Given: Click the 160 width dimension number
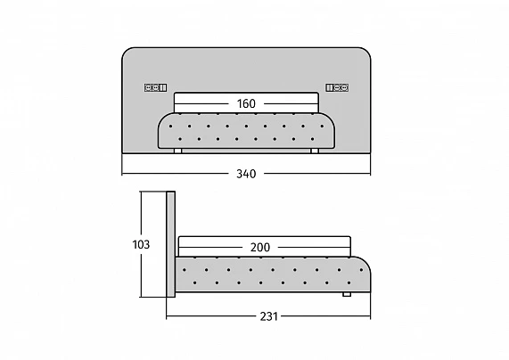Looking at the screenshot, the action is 246,104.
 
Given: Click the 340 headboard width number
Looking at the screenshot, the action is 246,174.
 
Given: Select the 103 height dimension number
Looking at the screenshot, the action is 141,244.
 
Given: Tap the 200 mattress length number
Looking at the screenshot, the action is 260,248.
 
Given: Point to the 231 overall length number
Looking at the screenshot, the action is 269,316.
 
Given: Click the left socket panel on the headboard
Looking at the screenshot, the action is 155,87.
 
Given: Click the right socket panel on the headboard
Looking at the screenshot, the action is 337,87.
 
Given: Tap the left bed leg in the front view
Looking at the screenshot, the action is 177,151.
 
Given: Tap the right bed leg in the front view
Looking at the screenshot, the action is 315,151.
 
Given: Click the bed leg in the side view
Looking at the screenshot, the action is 347,294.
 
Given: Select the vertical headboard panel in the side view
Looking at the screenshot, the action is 171,244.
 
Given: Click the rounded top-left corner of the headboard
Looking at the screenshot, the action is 127,52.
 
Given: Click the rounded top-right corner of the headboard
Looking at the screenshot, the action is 366,52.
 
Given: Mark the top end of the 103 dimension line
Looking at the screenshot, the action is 141,192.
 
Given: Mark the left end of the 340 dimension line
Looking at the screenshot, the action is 122,174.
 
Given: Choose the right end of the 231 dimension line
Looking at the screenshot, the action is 371,316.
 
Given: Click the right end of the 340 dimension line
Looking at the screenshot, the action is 371,174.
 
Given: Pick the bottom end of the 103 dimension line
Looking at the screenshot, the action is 141,297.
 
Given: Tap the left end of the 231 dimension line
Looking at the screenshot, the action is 167,316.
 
